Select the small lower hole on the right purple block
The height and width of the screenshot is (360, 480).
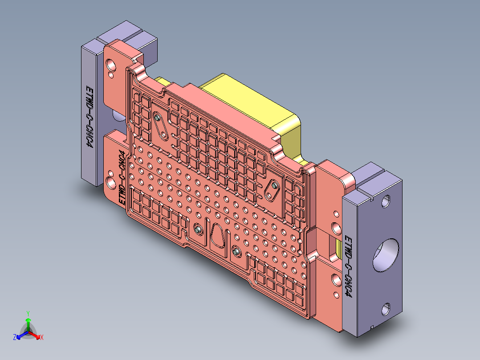386,308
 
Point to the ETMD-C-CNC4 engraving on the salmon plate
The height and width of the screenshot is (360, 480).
121,178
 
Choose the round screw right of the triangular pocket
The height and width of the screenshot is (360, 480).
236,252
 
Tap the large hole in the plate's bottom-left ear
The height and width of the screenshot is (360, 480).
110,183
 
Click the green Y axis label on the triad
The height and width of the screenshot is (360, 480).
28,313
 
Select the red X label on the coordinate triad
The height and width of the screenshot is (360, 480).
42,337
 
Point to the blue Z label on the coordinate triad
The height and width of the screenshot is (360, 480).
15,338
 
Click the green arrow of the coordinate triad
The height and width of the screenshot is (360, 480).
28,322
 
